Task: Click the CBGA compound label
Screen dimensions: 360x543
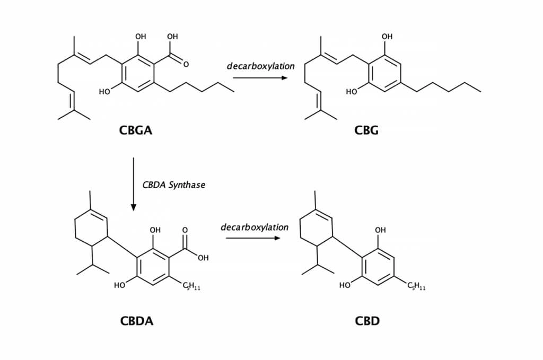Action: (x=136, y=130)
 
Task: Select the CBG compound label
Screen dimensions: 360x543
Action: (x=366, y=130)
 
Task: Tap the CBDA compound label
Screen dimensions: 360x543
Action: (x=136, y=321)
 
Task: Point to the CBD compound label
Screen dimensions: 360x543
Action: (x=367, y=321)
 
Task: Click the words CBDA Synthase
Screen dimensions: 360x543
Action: (x=173, y=185)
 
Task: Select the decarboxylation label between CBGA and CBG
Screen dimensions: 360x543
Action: (x=260, y=66)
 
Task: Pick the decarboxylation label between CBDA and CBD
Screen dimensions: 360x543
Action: (x=255, y=227)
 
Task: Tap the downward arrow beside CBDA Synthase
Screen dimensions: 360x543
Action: (x=133, y=183)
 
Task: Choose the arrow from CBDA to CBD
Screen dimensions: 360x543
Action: (x=252, y=238)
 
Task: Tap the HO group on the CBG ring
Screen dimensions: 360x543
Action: (x=351, y=92)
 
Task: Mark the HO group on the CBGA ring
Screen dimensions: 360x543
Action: (x=104, y=92)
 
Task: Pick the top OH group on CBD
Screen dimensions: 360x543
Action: (x=380, y=230)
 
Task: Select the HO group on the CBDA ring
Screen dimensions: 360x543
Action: (x=120, y=286)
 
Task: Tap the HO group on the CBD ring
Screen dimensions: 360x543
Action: (x=345, y=286)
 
